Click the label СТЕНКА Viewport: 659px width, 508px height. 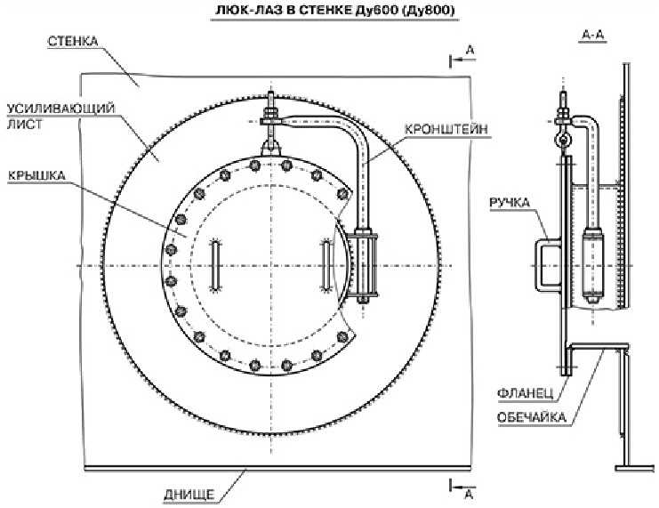coord(73,41)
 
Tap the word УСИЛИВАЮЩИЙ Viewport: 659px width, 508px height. coord(61,109)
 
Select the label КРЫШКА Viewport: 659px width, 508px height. coord(36,175)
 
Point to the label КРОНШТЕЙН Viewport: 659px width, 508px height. coord(446,129)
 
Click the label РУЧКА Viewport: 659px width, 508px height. coord(510,203)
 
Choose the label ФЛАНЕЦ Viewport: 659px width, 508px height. coord(526,393)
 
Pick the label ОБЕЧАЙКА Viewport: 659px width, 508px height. coord(532,417)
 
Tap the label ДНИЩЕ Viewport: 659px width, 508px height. coord(189,495)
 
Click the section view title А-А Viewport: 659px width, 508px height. coord(593,36)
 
